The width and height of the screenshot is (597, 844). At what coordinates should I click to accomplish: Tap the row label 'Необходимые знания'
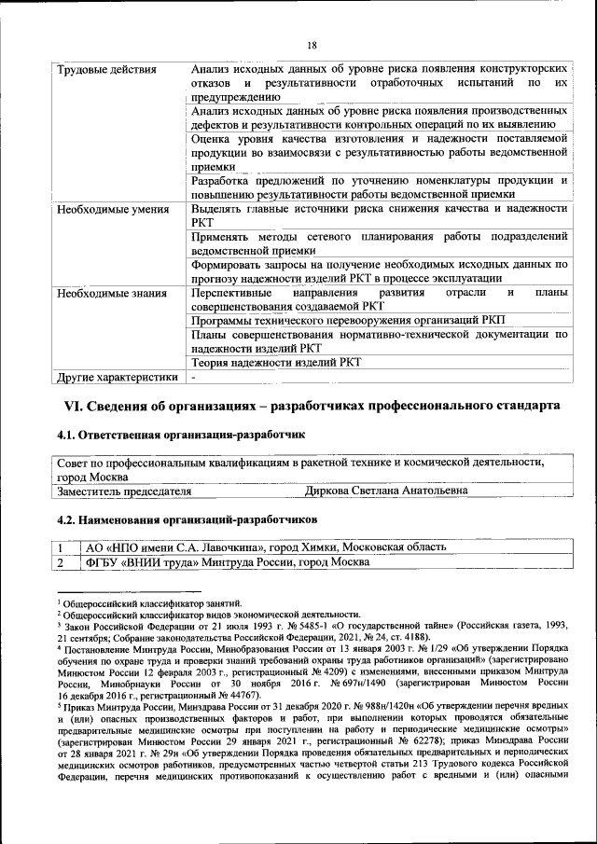point(106,293)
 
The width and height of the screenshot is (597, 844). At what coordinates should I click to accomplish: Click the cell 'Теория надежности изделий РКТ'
point(275,363)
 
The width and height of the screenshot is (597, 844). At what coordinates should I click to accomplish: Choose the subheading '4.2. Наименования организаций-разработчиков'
point(187,517)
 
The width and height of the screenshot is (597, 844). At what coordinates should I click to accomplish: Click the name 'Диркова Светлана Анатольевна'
point(386,490)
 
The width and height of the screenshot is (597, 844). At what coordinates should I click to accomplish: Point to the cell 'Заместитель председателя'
point(124,490)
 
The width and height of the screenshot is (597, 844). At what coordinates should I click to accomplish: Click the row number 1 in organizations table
point(61,547)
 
